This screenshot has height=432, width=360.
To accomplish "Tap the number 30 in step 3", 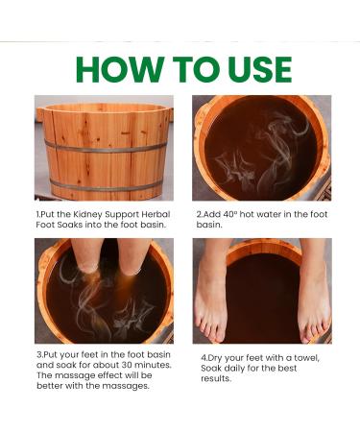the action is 127,365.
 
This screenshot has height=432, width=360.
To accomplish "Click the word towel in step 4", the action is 306,358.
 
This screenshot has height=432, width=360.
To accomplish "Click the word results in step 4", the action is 216,379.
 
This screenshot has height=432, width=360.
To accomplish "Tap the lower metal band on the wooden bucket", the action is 107,186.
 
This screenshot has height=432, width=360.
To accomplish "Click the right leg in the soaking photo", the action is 134,256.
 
